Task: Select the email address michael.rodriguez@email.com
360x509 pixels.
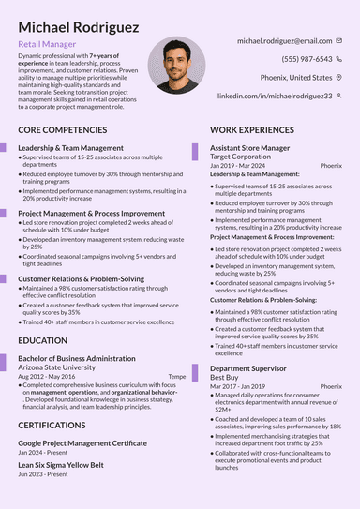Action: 284,41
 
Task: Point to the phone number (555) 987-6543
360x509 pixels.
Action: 307,59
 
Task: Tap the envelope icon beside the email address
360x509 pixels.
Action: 339,41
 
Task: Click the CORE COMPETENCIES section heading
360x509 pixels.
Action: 68,128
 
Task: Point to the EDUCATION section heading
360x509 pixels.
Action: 43,340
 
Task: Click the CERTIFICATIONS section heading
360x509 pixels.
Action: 58,425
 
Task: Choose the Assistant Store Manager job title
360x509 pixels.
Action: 249,148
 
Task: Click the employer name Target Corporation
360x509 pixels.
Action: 247,157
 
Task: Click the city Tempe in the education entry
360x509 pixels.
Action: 176,376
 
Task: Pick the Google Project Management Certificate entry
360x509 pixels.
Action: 82,442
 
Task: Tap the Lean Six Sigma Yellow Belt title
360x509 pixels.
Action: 61,465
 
